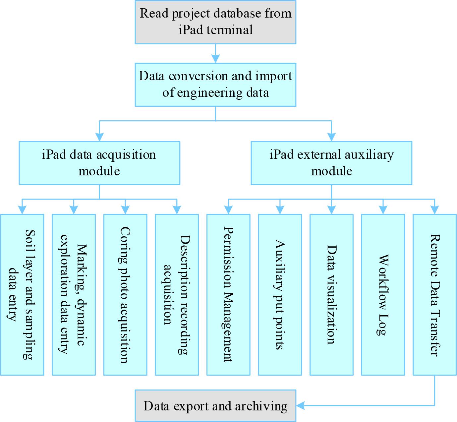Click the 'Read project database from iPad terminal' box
coord(215,22)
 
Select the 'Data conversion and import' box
coord(215,85)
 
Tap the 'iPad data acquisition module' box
coord(99,163)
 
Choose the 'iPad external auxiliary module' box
coord(331,163)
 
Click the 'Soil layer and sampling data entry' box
coord(22,294)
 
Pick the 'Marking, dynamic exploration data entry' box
coord(74,294)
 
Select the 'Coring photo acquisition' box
coord(125,294)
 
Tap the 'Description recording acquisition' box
coord(177,294)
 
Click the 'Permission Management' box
coord(228,294)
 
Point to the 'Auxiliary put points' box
coord(280,294)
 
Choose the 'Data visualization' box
coord(331,294)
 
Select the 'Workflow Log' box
coord(383,294)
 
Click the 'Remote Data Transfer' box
coord(434,294)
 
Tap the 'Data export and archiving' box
coord(215,406)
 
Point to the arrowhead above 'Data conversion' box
coord(216,59)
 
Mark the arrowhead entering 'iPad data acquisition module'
coord(99,137)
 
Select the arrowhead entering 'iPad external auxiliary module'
coord(331,137)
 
